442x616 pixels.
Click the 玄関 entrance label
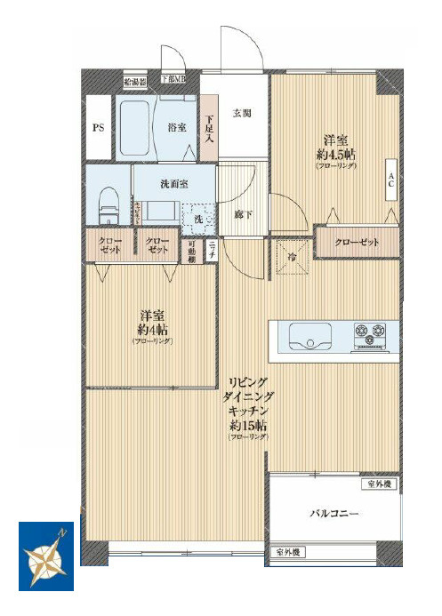pyautogui.click(x=242, y=114)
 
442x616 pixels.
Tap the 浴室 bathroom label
pyautogui.click(x=177, y=127)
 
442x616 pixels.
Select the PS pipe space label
pyautogui.click(x=99, y=128)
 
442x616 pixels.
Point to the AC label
pyautogui.click(x=390, y=180)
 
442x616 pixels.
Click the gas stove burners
pyautogui.click(x=373, y=336)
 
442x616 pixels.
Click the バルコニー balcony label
pyautogui.click(x=334, y=514)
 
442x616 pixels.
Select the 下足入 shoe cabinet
pyautogui.click(x=208, y=128)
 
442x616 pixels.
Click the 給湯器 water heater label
pyautogui.click(x=135, y=79)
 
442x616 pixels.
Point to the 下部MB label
pyautogui.click(x=173, y=79)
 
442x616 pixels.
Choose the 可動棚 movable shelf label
pyautogui.click(x=192, y=252)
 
